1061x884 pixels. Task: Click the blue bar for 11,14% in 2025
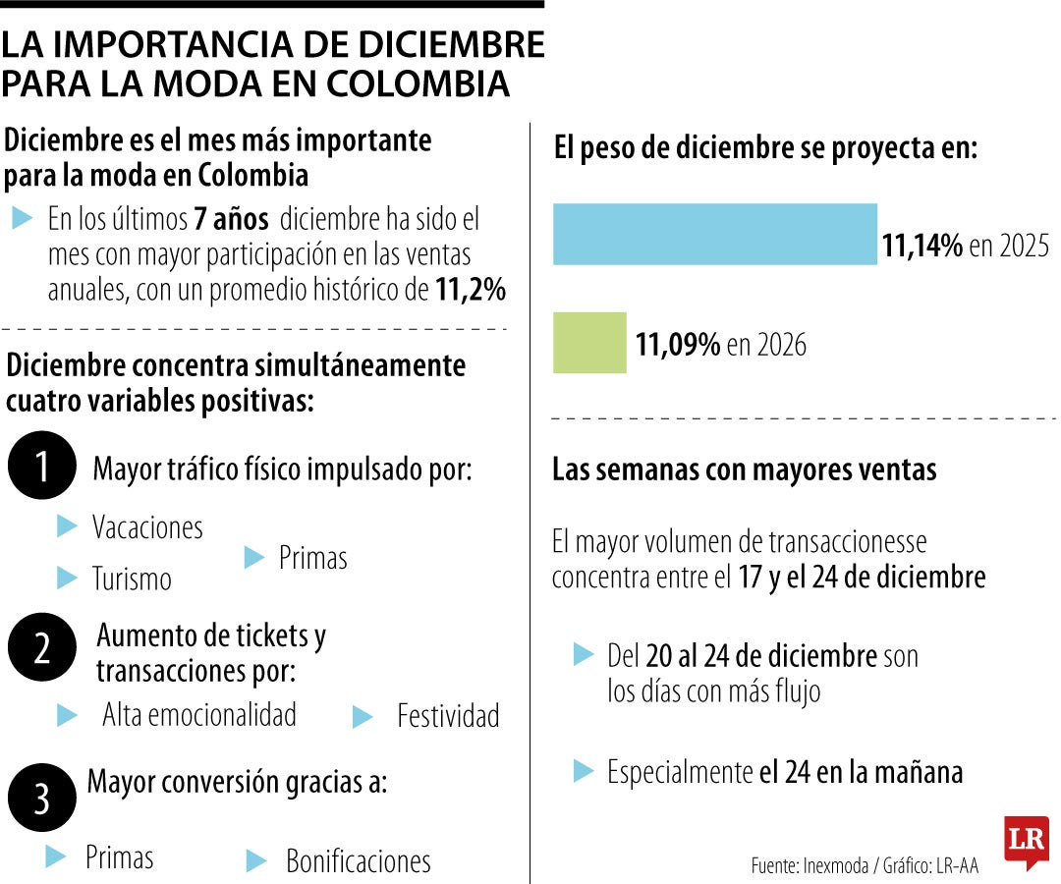(714, 235)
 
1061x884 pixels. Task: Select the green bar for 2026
(589, 343)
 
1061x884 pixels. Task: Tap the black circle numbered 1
(41, 468)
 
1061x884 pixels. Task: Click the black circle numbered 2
(41, 648)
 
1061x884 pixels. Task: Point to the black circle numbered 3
(41, 798)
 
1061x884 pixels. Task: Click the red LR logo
(1026, 842)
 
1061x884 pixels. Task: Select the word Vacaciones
(147, 527)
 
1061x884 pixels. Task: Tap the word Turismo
(132, 579)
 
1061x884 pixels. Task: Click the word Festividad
(448, 716)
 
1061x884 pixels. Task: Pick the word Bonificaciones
(358, 861)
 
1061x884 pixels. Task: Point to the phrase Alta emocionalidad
(199, 715)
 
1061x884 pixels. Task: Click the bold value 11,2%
(470, 290)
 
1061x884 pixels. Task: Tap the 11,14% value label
(922, 246)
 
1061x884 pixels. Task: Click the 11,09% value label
(678, 345)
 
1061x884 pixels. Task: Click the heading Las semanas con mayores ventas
(744, 470)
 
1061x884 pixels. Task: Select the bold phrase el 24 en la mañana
(861, 773)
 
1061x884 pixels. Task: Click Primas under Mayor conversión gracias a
(120, 857)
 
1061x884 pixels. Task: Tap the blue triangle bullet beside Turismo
(67, 578)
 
